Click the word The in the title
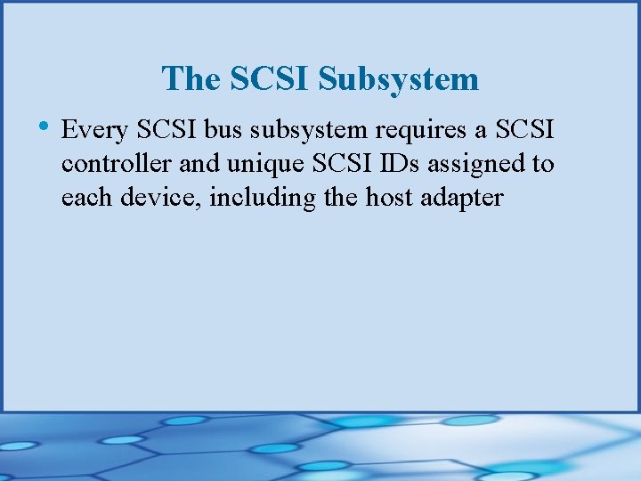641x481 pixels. pos(191,79)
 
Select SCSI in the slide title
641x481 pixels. pos(270,79)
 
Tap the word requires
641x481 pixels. pos(416,132)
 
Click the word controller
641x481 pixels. pos(115,165)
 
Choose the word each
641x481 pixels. pos(85,197)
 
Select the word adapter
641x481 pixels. pos(464,197)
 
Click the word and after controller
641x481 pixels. pos(197,165)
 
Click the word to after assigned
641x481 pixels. pos(542,165)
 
